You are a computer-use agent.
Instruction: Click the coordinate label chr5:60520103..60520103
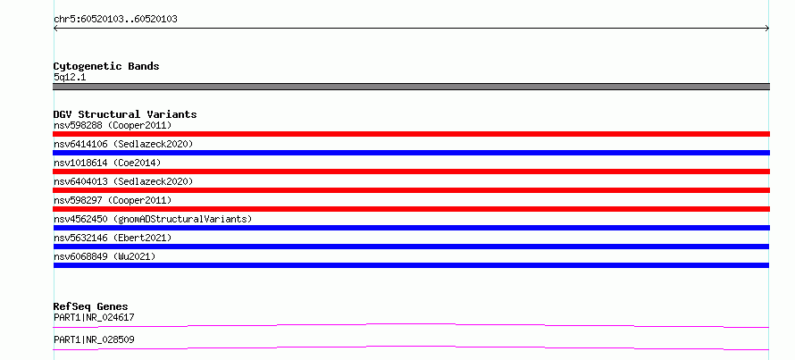point(115,20)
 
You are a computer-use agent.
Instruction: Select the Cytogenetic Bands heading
point(106,66)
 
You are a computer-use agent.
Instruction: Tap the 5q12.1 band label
point(70,77)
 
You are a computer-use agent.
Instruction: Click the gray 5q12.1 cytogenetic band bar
point(411,87)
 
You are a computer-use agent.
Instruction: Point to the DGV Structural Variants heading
point(125,114)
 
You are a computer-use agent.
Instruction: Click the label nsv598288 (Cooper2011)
point(113,125)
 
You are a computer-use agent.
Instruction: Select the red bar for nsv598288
point(411,134)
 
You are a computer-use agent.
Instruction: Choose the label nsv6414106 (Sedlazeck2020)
point(123,144)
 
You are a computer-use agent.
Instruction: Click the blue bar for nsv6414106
point(411,153)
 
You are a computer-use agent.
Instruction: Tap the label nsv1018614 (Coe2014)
point(107,163)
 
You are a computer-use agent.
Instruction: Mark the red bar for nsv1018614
point(411,172)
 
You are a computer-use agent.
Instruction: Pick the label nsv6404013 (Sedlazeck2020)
point(123,181)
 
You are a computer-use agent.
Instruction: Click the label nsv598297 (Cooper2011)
point(113,200)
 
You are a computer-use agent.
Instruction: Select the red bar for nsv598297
point(411,209)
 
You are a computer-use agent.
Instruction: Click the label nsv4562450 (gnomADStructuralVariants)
point(153,219)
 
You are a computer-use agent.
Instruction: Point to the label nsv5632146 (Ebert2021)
point(113,238)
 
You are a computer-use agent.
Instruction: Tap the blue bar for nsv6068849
point(411,265)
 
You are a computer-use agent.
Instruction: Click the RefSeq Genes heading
point(90,306)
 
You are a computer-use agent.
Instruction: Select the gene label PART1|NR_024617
point(94,317)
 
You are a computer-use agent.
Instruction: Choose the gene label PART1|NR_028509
point(94,339)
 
